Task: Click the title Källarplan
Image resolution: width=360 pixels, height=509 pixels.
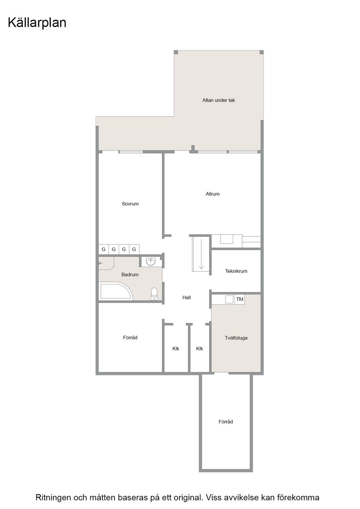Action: tap(37, 23)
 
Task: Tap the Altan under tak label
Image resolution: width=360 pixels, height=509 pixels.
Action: tap(219, 100)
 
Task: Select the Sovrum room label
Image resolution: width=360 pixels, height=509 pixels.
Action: tap(130, 204)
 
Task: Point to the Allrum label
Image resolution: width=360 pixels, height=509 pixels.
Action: tap(213, 194)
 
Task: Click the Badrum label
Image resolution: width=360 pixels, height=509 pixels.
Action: tap(130, 274)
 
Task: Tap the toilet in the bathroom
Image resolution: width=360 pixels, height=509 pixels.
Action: tap(154, 294)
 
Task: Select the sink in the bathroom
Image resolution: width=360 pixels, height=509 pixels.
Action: tap(150, 261)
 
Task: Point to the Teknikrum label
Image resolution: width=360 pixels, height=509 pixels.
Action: tap(236, 271)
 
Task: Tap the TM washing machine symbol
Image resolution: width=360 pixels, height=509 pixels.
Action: tap(240, 299)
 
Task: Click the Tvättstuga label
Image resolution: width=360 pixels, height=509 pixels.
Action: tap(236, 338)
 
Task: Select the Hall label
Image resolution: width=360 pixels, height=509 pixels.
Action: tap(186, 297)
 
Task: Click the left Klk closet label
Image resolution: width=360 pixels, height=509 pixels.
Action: tap(175, 349)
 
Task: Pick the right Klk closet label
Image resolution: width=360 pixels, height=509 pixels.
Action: tap(200, 349)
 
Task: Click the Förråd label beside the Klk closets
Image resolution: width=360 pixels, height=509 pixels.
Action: tap(130, 338)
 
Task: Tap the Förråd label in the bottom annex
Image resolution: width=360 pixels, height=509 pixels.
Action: tap(225, 422)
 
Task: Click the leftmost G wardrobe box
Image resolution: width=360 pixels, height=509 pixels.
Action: tap(104, 250)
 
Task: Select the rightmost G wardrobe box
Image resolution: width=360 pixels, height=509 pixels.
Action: tap(134, 250)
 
